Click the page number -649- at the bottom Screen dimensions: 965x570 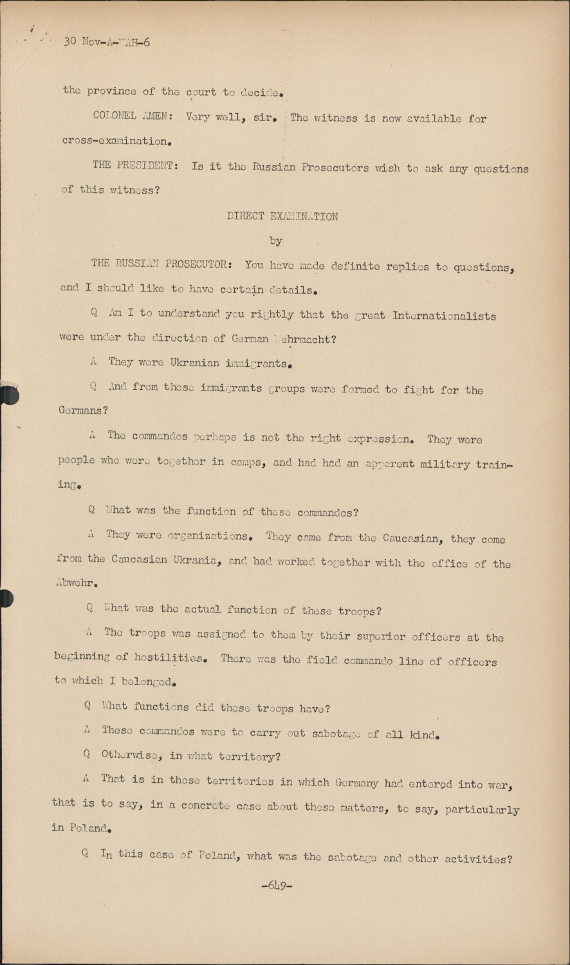tap(277, 885)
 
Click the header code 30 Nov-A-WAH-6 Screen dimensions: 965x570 tap(107, 42)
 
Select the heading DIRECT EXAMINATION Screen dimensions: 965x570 tap(282, 216)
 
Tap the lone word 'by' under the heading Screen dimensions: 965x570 tap(276, 241)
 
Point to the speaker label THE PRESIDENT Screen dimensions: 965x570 tap(134, 165)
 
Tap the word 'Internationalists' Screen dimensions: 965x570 tap(444, 316)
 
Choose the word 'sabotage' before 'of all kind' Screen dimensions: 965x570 tap(337, 733)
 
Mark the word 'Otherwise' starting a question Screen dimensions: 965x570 tap(132, 756)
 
